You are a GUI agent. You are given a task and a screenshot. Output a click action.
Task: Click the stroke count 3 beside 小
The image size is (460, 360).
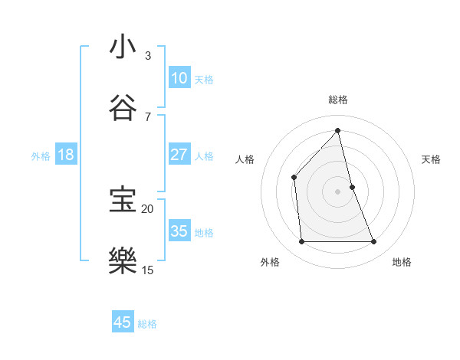(x=148, y=55)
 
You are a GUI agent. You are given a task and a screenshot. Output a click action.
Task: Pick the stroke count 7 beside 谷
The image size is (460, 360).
(x=148, y=116)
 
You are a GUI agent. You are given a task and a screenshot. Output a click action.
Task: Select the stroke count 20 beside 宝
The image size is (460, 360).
(x=147, y=208)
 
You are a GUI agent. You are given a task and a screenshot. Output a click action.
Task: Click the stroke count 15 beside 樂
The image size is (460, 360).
(x=147, y=270)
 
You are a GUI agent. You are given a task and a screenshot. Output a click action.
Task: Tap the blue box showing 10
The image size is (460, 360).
(x=179, y=78)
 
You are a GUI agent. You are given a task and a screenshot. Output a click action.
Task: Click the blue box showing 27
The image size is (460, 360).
(x=179, y=155)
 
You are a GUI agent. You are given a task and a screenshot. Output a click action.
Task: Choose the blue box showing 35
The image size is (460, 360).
(x=179, y=231)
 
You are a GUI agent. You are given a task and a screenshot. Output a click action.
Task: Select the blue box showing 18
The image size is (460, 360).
(x=66, y=155)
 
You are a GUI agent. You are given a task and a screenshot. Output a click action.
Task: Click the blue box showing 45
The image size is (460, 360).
(x=123, y=322)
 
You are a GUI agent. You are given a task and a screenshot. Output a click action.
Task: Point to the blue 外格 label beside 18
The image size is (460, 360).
(x=41, y=156)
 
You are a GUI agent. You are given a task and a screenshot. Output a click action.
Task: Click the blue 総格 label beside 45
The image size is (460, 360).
(x=147, y=324)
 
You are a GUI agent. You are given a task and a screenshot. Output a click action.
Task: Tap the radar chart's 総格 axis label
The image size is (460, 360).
(x=338, y=100)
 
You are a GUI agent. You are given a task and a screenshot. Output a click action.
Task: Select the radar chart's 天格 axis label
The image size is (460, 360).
(x=432, y=159)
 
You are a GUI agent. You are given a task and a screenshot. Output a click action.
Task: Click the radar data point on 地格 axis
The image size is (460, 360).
(x=374, y=242)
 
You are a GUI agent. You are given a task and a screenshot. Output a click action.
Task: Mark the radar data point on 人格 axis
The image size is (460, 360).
(x=294, y=177)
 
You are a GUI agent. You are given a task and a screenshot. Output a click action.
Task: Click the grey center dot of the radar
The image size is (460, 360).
(x=338, y=191)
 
